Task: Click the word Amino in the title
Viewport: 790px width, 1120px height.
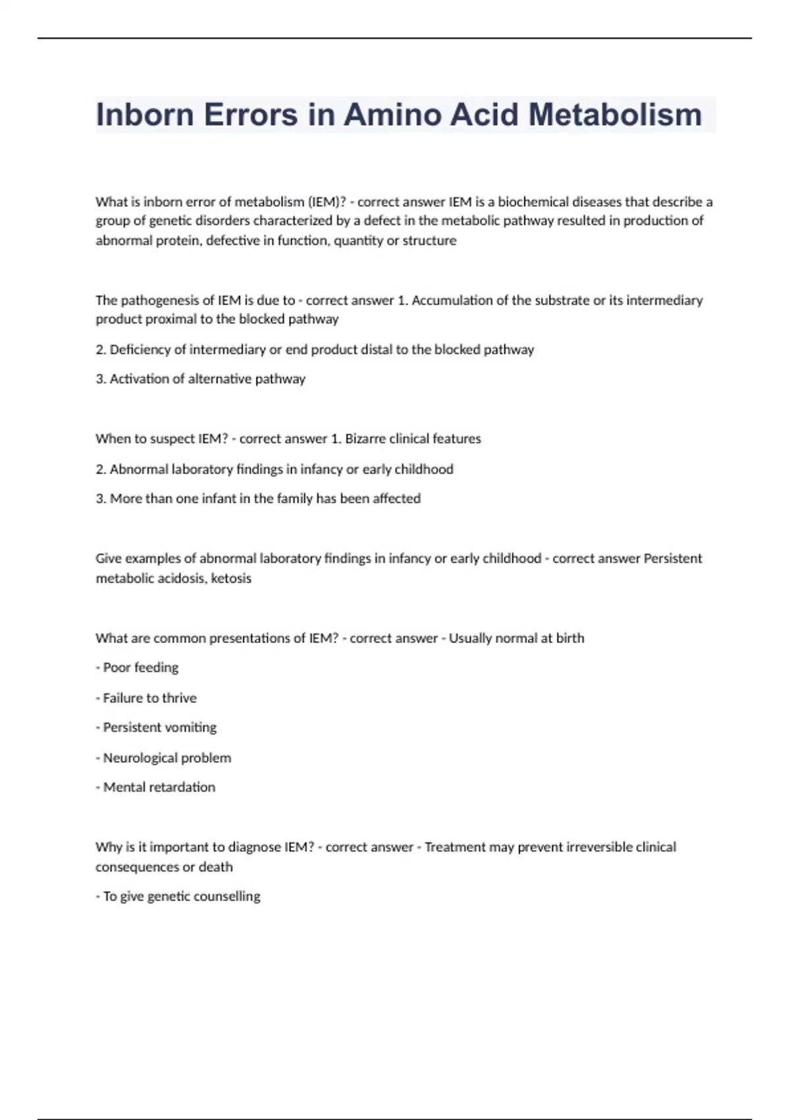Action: (392, 115)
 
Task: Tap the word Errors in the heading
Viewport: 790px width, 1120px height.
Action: (250, 115)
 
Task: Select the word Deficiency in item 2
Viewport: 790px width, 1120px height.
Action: (140, 350)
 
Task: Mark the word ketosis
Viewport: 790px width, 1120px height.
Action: (231, 578)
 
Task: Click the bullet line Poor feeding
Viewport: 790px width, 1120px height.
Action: (138, 668)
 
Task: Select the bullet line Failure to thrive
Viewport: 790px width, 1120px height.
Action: (147, 698)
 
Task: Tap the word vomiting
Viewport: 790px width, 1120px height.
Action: (190, 728)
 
